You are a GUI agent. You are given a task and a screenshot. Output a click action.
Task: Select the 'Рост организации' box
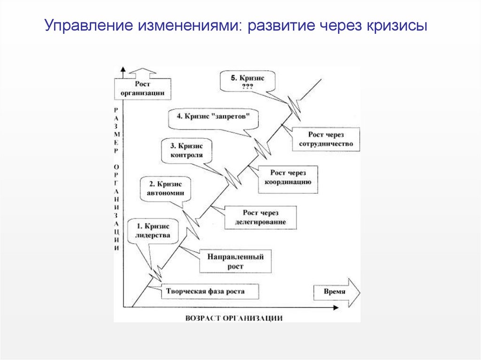(x=143, y=88)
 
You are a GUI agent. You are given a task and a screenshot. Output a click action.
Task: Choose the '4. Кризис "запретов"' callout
(x=214, y=117)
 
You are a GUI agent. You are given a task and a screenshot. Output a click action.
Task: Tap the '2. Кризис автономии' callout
(x=162, y=188)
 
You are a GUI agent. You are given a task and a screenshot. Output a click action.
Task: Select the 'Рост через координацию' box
(x=288, y=178)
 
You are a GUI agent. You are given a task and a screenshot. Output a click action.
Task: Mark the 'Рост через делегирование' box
(x=260, y=217)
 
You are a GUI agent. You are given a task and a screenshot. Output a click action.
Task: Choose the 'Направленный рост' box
(x=235, y=261)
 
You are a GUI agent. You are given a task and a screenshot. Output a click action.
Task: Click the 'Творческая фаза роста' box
(x=205, y=291)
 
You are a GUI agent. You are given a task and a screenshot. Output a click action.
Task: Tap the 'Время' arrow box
(x=335, y=291)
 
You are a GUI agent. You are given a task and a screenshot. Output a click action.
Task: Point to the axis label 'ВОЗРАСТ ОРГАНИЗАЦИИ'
(x=233, y=318)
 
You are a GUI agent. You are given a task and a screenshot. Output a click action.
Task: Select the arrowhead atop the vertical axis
(x=123, y=70)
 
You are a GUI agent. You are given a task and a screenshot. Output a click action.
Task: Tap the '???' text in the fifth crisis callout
(x=248, y=86)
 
